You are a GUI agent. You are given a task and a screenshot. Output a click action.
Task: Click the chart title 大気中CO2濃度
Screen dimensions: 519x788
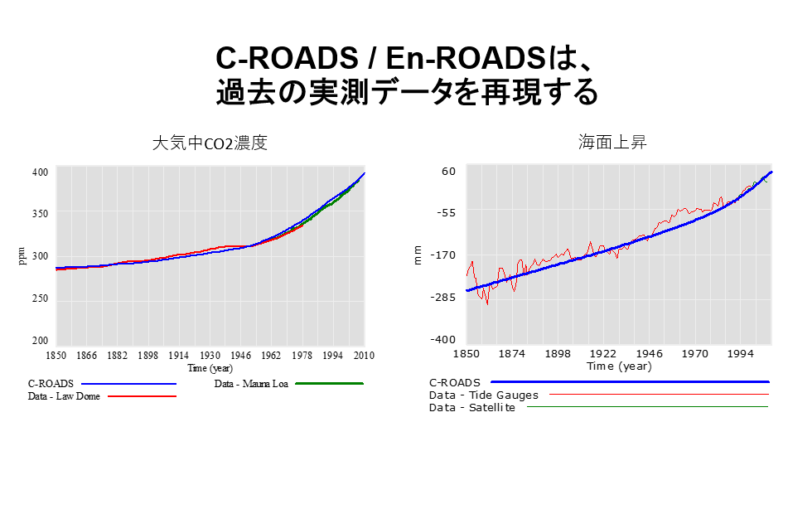coord(210,143)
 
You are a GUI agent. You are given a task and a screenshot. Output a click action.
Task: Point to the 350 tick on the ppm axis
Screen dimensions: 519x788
coord(40,213)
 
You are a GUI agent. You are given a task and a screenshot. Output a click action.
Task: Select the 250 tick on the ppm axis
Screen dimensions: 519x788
coord(40,298)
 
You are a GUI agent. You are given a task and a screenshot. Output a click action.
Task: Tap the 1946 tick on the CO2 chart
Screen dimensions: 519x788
coord(240,356)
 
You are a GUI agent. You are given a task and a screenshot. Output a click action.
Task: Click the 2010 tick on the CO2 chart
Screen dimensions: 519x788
coord(364,356)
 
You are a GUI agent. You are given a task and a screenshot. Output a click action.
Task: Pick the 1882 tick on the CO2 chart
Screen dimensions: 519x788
coord(117,356)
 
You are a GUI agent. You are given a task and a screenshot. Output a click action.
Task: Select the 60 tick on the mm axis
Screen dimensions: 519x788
coord(448,171)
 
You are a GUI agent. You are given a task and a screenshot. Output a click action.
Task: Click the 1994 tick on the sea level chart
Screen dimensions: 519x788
coord(741,354)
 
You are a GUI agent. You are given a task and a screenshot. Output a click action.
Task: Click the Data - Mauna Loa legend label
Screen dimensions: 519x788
coord(251,384)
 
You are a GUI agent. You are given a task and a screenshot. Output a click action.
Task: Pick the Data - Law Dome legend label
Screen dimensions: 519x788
coord(64,396)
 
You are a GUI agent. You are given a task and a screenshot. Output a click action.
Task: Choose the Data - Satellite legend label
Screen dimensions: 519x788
coord(472,407)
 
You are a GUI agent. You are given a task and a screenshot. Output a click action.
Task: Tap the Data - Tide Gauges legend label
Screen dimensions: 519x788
coord(484,395)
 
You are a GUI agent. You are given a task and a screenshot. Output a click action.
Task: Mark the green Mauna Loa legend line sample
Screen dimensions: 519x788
coord(330,384)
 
